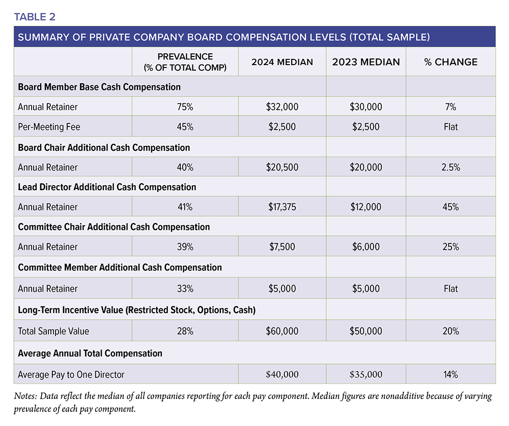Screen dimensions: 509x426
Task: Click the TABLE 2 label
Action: coord(35,17)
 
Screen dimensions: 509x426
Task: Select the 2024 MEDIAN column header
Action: coord(282,62)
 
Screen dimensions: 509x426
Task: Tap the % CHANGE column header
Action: coord(450,62)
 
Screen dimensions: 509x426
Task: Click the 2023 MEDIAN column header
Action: coord(366,62)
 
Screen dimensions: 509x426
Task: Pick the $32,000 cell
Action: coord(282,107)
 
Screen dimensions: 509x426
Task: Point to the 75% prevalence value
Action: coord(185,107)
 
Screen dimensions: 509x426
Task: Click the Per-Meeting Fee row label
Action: coord(49,127)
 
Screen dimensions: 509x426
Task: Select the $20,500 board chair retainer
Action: coord(282,167)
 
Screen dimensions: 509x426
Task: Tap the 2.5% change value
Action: coord(450,167)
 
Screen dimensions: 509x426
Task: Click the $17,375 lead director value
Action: coord(282,207)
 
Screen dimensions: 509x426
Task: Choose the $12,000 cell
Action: coord(366,207)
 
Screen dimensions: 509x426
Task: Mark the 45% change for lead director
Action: coord(450,207)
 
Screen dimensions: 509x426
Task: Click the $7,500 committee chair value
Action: coord(282,247)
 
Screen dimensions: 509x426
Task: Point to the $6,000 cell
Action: coord(366,247)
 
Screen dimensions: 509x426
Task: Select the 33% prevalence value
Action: coord(185,289)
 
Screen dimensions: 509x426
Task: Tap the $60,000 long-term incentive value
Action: coord(282,331)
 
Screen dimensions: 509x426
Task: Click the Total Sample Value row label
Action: coord(53,331)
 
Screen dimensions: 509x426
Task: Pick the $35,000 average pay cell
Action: coord(366,375)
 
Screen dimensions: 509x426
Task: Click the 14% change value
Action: coord(450,375)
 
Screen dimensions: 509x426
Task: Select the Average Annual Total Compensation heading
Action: coord(90,353)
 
